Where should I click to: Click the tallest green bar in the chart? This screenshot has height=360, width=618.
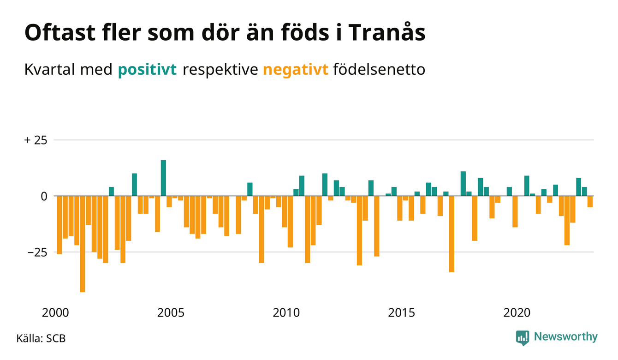click(163, 178)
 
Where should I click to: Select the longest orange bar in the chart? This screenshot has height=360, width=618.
click(83, 244)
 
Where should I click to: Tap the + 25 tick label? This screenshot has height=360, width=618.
click(36, 140)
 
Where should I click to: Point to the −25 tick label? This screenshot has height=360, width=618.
click(37, 252)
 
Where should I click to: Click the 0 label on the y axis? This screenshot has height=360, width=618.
click(44, 197)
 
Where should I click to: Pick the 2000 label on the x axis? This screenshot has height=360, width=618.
click(55, 313)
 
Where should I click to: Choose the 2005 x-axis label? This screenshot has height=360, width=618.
click(171, 313)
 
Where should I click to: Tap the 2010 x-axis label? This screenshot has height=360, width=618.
click(286, 313)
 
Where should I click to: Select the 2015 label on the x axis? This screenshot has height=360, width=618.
click(401, 313)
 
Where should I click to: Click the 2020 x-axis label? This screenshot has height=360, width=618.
click(517, 313)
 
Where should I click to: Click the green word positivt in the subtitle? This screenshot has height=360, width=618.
click(147, 70)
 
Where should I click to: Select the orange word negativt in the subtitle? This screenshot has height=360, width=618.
click(296, 70)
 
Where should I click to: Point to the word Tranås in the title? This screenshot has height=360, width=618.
click(387, 33)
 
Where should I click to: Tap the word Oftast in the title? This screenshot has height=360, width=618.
click(60, 33)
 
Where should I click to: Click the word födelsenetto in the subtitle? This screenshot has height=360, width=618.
click(379, 69)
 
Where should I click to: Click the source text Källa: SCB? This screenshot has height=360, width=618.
click(41, 338)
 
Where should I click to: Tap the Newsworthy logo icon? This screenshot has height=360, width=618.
click(523, 338)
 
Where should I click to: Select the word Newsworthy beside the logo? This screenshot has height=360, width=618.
click(565, 337)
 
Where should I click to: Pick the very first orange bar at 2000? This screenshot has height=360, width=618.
click(59, 225)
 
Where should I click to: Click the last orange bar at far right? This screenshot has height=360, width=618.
click(590, 202)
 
